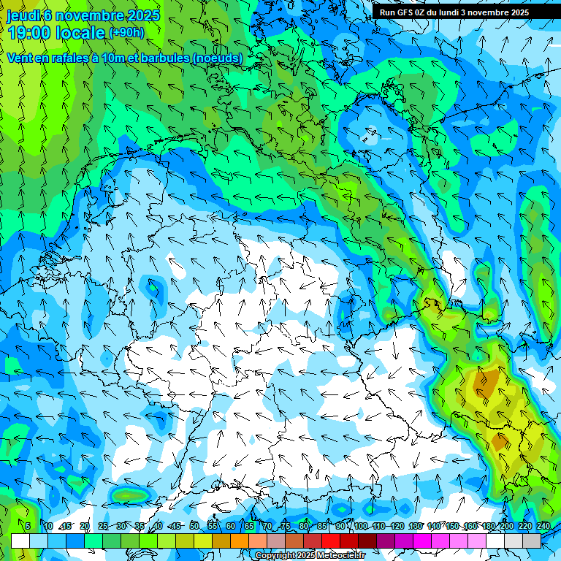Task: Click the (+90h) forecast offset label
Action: tap(126, 33)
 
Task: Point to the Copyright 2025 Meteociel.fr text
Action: tap(310, 556)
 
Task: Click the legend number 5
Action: tap(28, 526)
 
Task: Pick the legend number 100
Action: tap(361, 526)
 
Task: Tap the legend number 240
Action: tap(543, 526)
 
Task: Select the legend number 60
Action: tap(231, 526)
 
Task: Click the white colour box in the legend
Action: tap(20, 541)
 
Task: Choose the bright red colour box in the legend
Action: tap(331, 541)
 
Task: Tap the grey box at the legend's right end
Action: tap(532, 541)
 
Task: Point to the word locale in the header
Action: tap(80, 33)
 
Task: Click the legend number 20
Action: tap(85, 526)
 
